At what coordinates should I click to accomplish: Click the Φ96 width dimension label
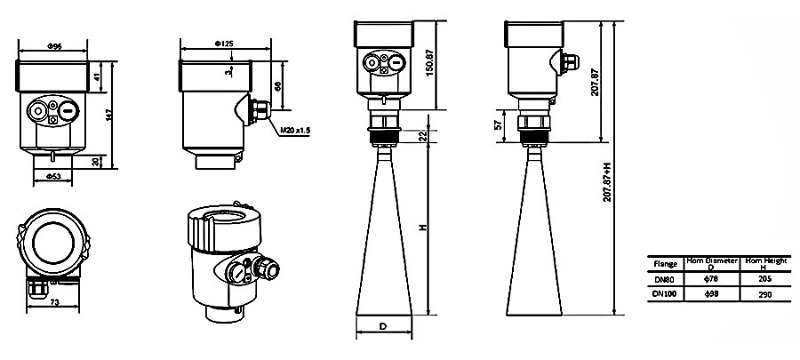(x=52, y=44)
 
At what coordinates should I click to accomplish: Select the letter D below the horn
(x=382, y=327)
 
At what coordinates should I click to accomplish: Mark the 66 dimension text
(x=278, y=85)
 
